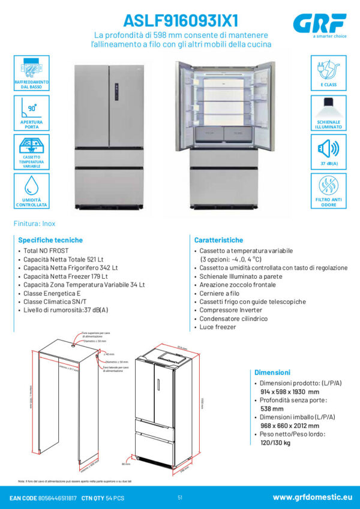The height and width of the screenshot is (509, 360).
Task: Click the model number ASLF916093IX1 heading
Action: (181, 20)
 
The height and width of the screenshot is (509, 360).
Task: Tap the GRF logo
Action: (320, 23)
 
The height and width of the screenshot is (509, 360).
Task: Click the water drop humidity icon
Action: (31, 185)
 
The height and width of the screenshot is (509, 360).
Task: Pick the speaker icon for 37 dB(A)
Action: (328, 147)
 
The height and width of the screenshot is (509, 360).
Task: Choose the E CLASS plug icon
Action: (328, 68)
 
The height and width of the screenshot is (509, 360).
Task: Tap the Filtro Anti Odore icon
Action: (328, 186)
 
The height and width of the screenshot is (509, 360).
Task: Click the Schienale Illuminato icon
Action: (328, 108)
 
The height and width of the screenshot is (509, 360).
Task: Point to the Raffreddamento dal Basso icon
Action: (31, 68)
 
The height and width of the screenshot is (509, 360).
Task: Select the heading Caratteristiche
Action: (218, 239)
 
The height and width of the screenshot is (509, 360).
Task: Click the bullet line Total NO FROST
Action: (46, 250)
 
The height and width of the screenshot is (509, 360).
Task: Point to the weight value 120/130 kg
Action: (275, 443)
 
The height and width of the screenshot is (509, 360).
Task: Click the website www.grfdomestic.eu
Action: (312, 497)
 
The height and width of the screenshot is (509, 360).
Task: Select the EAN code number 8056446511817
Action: (57, 498)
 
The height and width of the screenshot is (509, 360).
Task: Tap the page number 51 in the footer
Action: (180, 498)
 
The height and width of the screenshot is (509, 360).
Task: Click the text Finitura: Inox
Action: (34, 224)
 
